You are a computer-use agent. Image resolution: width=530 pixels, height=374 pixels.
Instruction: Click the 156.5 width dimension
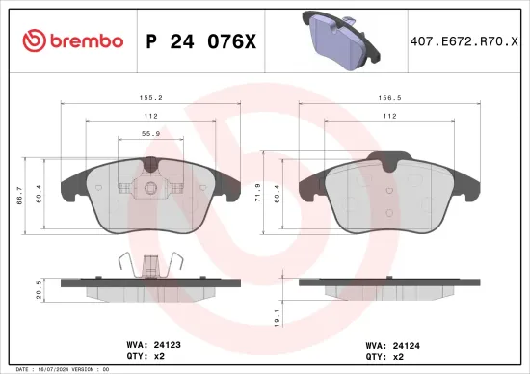pos(389,97)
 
